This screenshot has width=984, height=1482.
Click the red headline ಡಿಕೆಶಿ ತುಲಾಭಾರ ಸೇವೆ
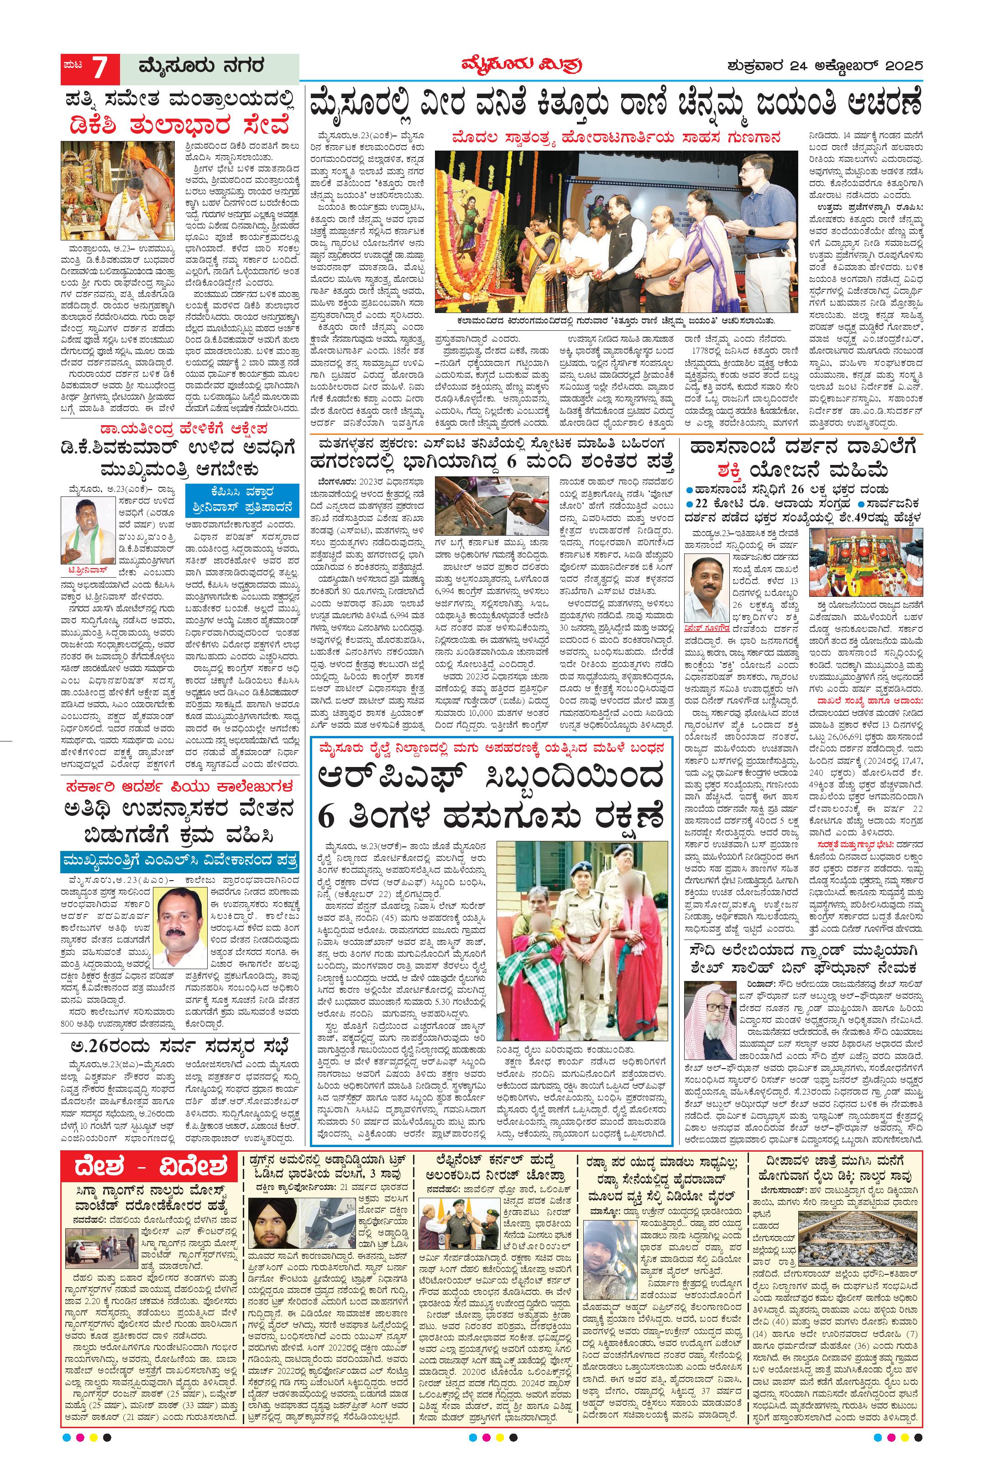tap(179, 125)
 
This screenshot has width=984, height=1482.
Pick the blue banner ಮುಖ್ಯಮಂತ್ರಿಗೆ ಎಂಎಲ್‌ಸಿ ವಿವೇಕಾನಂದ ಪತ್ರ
tap(179, 859)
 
